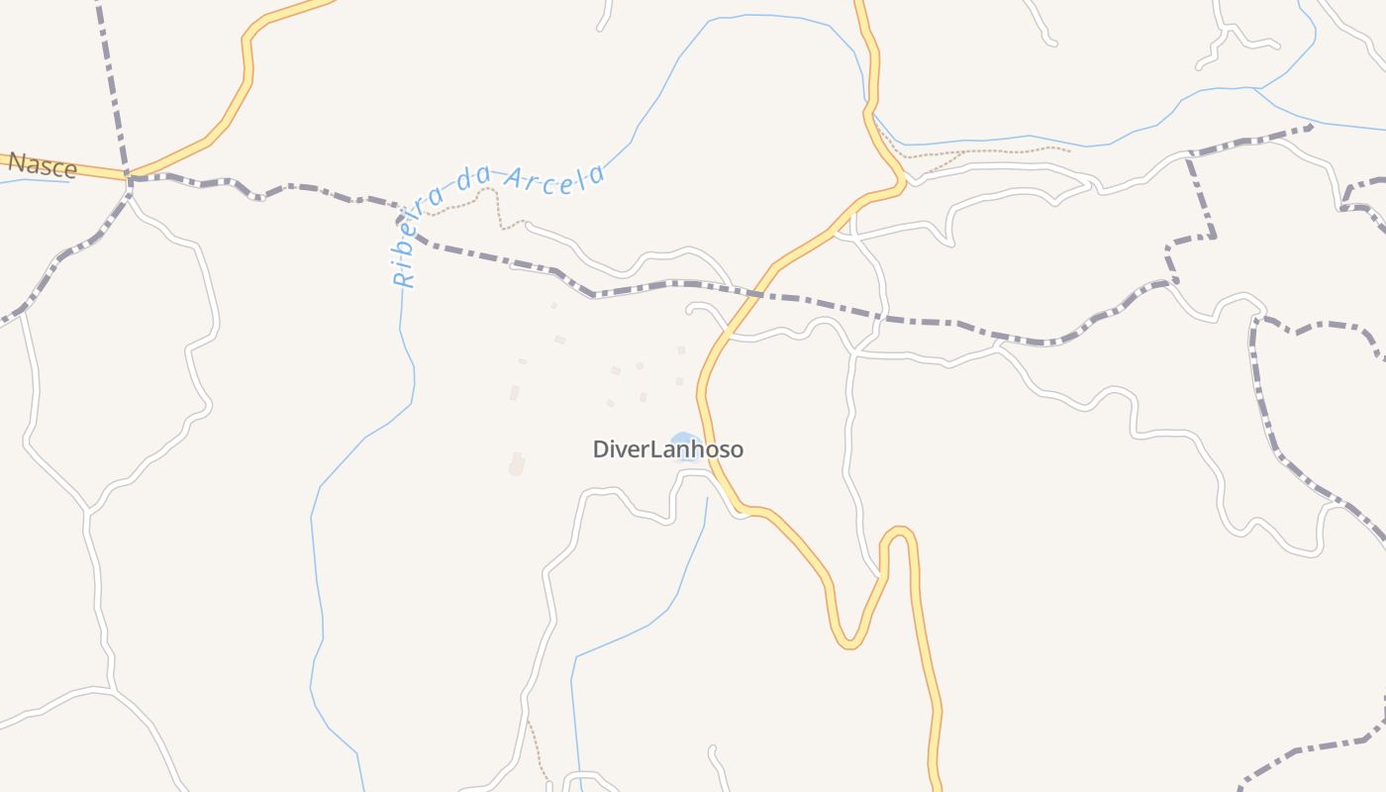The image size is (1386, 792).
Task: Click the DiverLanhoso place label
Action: [x=667, y=449]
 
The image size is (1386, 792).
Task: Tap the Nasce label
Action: [x=42, y=164]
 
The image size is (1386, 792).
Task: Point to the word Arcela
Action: [x=554, y=179]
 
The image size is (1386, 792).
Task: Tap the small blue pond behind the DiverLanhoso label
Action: [x=682, y=440]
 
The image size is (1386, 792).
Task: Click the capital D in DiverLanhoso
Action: [x=601, y=449]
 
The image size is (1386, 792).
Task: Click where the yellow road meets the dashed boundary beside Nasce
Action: [x=129, y=176]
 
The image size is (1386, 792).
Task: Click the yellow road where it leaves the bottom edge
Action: [x=935, y=787]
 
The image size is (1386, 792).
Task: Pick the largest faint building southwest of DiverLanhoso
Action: [x=516, y=463]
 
